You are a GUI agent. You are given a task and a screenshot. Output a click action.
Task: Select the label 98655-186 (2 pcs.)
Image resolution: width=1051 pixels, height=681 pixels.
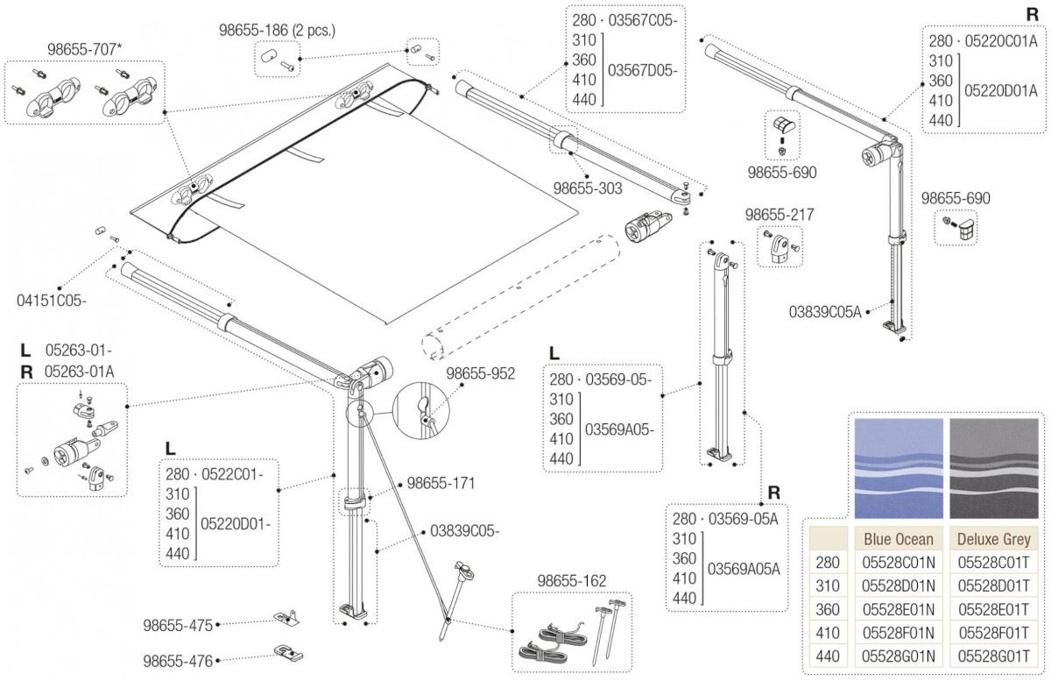tap(277, 31)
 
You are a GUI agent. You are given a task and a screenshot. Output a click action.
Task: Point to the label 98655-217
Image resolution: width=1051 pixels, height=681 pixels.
tap(779, 215)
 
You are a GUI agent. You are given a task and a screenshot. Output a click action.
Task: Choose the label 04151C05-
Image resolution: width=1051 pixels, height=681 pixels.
tap(52, 301)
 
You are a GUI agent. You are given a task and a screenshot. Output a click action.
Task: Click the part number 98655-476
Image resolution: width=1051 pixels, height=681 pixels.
tap(177, 661)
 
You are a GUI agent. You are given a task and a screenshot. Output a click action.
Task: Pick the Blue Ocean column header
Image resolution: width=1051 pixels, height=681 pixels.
tap(898, 538)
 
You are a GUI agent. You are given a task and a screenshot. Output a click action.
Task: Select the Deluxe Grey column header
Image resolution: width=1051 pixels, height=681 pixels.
tap(993, 538)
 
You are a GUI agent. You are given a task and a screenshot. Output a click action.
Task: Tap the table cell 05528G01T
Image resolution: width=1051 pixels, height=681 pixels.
tap(993, 656)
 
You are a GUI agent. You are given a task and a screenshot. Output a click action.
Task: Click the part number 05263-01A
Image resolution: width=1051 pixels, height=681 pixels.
tap(79, 371)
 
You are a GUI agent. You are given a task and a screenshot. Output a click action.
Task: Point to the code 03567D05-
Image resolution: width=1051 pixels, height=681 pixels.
tap(643, 70)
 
